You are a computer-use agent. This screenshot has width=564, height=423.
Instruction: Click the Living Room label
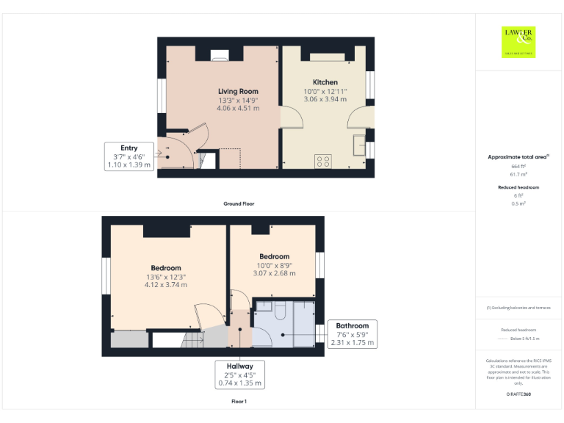pos(238,91)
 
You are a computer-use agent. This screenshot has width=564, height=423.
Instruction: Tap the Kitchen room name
pos(325,82)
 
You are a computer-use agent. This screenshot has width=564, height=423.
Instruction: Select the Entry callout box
pos(129,156)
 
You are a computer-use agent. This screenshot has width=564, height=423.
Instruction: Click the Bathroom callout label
pos(353,334)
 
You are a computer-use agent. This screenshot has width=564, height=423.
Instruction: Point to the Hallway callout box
pos(239,374)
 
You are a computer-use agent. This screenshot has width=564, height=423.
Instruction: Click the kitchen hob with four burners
pos(322,162)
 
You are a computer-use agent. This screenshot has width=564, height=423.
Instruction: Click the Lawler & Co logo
pos(518,41)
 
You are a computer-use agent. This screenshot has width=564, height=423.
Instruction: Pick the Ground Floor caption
pos(239,203)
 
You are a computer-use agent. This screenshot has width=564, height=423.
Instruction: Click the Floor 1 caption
pos(239,402)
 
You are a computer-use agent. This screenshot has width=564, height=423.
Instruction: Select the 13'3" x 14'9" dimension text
pos(238,100)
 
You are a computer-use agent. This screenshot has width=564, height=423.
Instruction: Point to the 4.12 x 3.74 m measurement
pos(166,285)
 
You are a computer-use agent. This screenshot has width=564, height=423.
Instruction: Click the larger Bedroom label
pos(166,268)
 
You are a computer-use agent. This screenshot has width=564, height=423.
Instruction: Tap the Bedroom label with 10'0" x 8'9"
pos(274,256)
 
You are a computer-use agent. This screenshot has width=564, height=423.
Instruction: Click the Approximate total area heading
pos(518,157)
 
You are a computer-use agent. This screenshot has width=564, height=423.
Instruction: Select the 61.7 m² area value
pos(518,174)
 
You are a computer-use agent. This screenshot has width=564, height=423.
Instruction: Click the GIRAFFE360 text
pos(518,394)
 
